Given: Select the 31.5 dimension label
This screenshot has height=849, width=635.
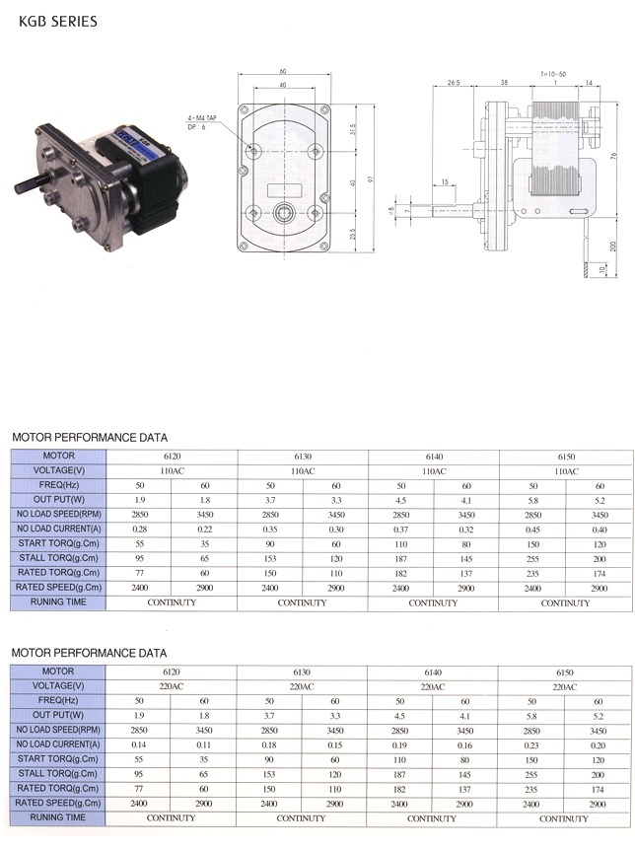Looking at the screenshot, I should click(x=353, y=130).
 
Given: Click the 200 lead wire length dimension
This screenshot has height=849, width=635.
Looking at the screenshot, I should click(x=612, y=244).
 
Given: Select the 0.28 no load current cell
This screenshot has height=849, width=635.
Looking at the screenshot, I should click(x=139, y=530).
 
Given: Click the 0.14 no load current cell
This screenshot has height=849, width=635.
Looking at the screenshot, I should click(x=139, y=745).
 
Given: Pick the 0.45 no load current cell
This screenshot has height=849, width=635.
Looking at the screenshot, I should click(x=533, y=530).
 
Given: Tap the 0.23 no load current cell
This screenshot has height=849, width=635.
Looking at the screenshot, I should click(x=533, y=745).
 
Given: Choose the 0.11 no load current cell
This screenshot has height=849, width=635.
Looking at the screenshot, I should click(x=204, y=745).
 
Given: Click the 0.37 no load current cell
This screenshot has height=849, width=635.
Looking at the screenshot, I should click(x=401, y=530).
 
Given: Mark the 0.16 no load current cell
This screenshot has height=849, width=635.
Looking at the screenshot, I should click(x=466, y=745).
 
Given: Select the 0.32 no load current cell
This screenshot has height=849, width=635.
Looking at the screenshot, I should click(x=466, y=530).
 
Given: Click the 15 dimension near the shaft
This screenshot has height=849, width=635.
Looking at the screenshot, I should click(x=446, y=182).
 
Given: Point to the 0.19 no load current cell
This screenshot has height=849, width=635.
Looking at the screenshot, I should click(x=401, y=745).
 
